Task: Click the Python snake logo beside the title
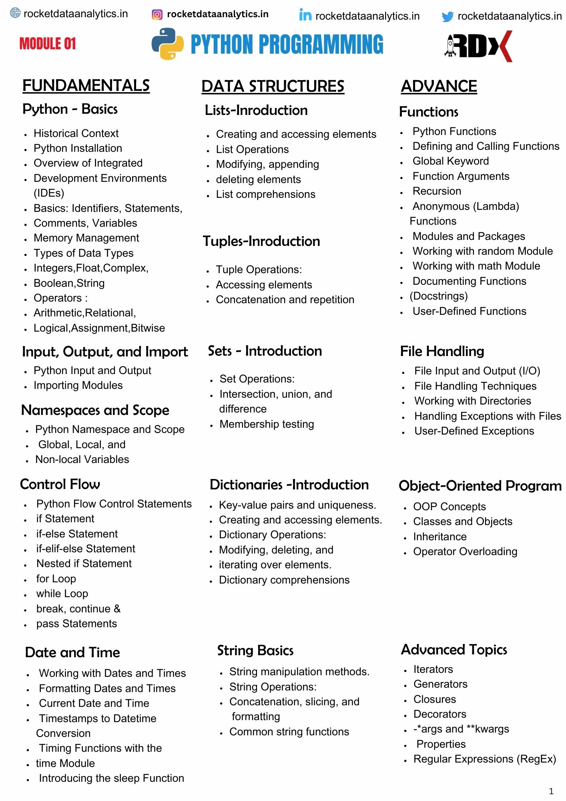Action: tap(167, 44)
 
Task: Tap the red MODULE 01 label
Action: tap(48, 43)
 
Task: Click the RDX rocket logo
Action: tap(478, 46)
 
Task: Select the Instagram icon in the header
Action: tap(157, 15)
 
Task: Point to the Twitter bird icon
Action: tap(447, 16)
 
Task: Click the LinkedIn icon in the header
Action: tap(305, 15)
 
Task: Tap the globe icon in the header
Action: tap(15, 13)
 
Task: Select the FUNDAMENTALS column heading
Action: tap(86, 85)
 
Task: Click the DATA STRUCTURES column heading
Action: tap(273, 86)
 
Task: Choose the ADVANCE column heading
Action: tap(439, 86)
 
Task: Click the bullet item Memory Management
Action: tap(86, 238)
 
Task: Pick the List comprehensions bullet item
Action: tap(265, 194)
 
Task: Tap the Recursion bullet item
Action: tap(437, 191)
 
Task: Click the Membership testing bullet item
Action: tap(267, 424)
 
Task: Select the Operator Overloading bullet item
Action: tap(465, 551)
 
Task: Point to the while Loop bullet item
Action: tap(62, 594)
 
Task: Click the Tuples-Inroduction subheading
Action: tap(261, 241)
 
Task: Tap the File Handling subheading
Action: tap(442, 351)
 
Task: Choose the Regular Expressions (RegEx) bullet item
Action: tap(485, 759)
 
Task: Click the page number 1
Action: tap(551, 791)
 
